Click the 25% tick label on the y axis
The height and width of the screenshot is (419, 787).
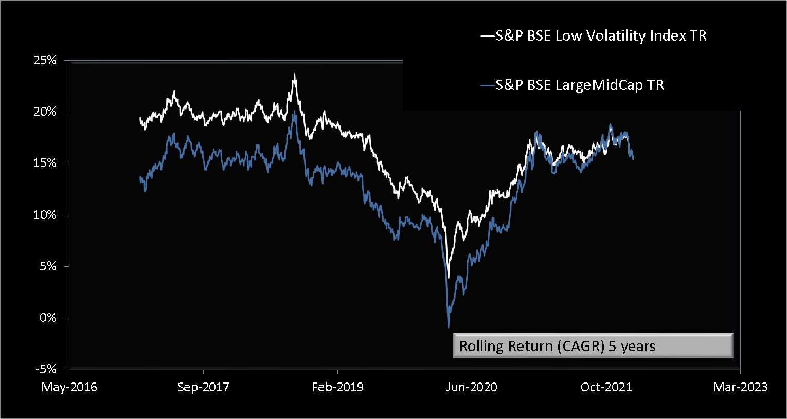[x=45, y=60]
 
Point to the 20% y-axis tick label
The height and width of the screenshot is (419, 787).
[x=45, y=112]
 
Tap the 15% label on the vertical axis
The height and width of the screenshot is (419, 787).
[x=45, y=163]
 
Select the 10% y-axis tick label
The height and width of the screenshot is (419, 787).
[x=45, y=215]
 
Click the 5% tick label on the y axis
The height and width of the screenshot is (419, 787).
[x=48, y=266]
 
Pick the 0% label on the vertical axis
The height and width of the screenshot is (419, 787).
[x=48, y=318]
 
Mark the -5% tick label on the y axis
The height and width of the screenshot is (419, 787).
[x=46, y=369]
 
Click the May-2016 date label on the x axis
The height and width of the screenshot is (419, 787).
[x=69, y=387]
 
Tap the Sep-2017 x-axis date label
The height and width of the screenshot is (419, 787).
[x=203, y=387]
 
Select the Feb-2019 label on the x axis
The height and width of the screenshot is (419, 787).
[x=337, y=387]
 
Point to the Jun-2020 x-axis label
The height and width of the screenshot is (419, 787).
[x=472, y=387]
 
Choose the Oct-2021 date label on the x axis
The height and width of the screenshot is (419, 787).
[x=606, y=387]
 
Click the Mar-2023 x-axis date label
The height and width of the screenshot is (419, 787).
[x=740, y=387]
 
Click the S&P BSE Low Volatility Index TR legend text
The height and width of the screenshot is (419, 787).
[x=601, y=36]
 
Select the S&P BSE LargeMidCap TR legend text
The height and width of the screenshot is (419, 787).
[x=579, y=85]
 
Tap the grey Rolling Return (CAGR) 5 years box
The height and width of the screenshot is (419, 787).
[x=593, y=346]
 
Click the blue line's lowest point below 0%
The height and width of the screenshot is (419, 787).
[x=449, y=327]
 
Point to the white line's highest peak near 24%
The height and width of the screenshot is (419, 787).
[x=294, y=74]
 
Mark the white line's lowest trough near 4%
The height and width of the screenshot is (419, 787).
[x=449, y=278]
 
